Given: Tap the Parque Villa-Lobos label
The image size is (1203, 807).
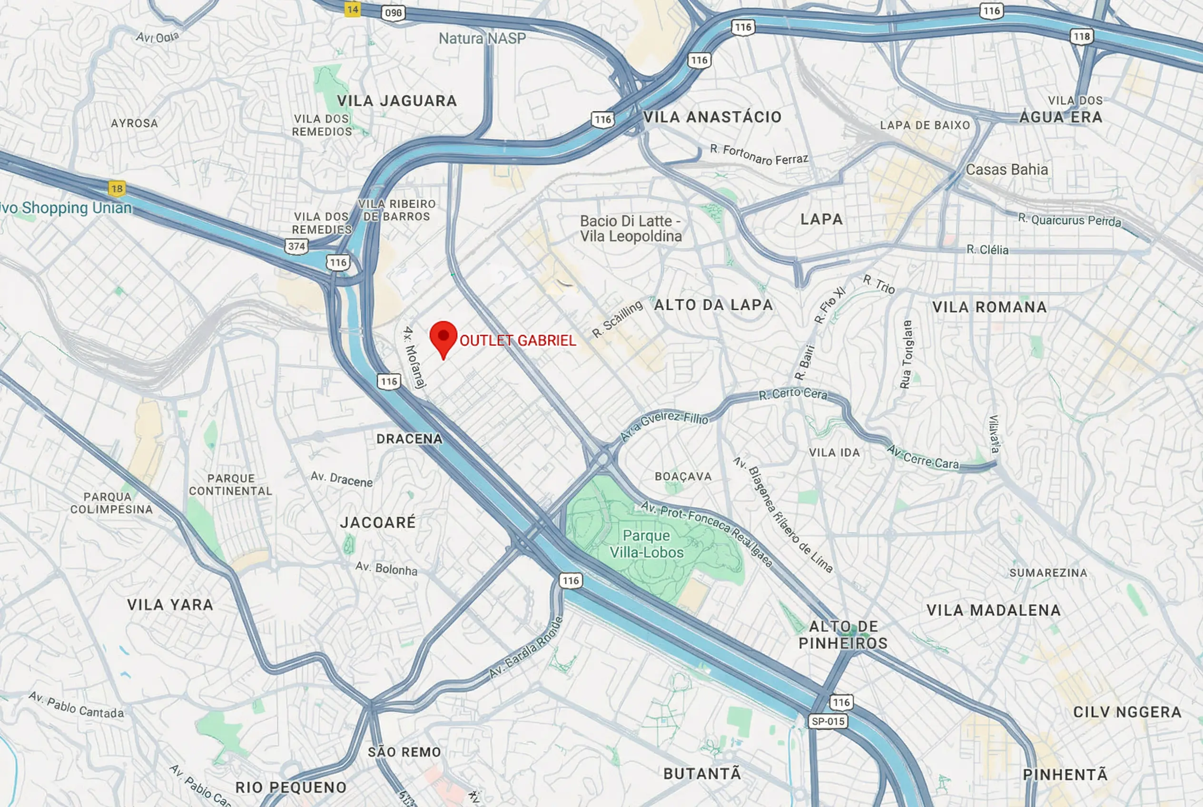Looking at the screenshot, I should click(646, 544).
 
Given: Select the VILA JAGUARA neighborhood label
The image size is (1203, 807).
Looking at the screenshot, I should click(397, 101).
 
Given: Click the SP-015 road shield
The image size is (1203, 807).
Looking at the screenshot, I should click(828, 721).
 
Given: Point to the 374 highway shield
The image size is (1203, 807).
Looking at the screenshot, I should click(296, 246).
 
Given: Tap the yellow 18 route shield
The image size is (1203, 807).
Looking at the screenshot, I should click(117, 188).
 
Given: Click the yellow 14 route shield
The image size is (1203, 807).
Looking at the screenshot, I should click(353, 9).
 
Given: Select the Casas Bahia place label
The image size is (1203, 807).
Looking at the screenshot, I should click(1006, 169).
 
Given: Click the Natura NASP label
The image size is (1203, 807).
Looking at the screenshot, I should click(483, 38).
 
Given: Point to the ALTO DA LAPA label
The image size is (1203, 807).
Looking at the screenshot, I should click(713, 305).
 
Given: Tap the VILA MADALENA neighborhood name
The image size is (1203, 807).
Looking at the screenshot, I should click(994, 610).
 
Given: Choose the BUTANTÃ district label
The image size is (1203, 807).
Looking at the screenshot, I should click(702, 774).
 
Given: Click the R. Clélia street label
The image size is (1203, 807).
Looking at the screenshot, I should click(987, 250).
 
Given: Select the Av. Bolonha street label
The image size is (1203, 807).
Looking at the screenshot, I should click(386, 568).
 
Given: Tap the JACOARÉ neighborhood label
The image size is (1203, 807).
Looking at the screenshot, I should click(378, 522).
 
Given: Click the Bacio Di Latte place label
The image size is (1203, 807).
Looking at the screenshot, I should click(631, 228).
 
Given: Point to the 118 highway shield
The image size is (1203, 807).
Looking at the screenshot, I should click(1082, 36).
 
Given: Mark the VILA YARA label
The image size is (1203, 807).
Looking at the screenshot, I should click(170, 604).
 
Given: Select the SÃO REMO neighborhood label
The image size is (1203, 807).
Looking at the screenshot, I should click(404, 752).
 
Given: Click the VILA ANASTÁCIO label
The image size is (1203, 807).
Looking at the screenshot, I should click(712, 117).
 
